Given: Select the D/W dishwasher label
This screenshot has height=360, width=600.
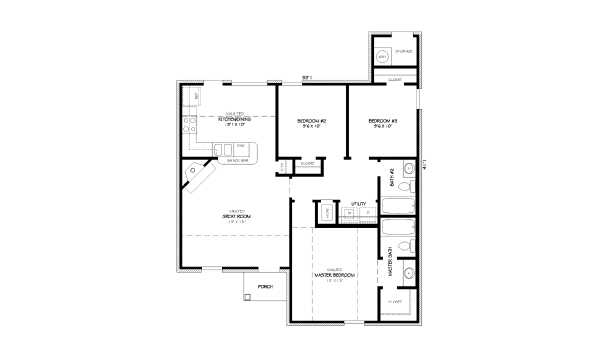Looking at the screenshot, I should coord(240,145).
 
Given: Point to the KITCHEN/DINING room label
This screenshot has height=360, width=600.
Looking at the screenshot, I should coord(234,119).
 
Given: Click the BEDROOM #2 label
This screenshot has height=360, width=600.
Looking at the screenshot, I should coord(311,121).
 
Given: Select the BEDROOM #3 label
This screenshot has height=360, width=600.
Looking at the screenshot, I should coord(380,121).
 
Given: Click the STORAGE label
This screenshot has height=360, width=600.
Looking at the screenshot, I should coord(404,52).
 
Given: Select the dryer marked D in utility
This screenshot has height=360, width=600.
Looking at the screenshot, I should coord(367,212).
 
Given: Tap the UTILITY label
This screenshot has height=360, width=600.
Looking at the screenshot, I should coord(359,203).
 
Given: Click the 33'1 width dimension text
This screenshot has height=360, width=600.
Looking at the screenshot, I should coord(306,77).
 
